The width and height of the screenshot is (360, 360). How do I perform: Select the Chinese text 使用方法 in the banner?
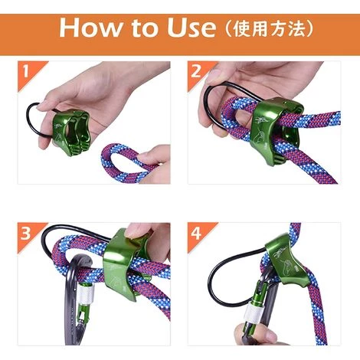(x=269, y=29)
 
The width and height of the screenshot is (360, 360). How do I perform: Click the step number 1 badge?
(x=25, y=71)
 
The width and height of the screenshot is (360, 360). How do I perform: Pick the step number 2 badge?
(x=196, y=71)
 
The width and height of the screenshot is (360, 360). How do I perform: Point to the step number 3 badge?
(x=25, y=233)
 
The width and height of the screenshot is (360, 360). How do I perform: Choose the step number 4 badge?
(x=196, y=233)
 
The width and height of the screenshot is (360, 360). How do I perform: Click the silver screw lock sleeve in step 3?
(x=87, y=294)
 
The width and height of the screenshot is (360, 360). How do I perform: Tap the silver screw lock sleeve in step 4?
(x=255, y=315)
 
